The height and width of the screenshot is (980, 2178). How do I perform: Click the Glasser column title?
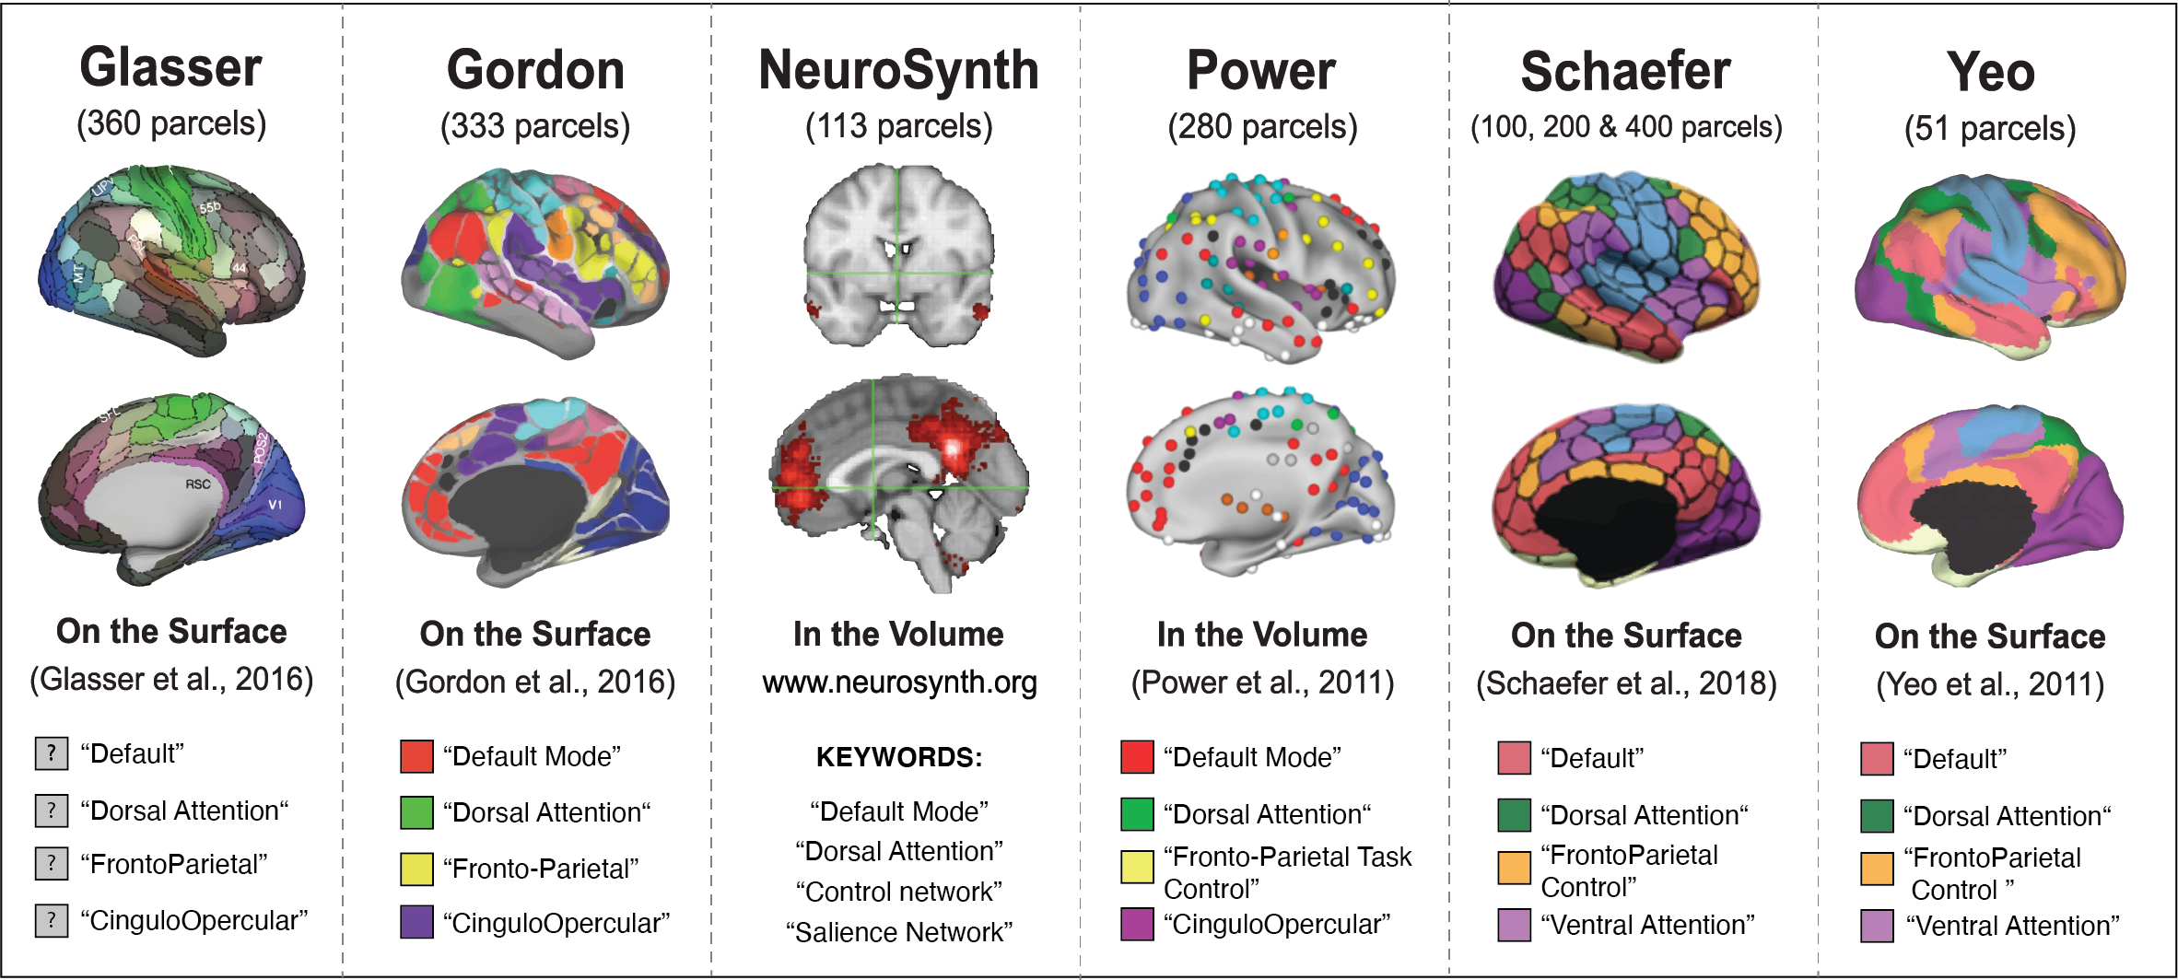[x=171, y=68]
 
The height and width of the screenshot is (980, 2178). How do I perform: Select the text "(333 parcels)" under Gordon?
[x=535, y=126]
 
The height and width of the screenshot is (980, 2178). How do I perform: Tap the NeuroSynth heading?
[x=898, y=71]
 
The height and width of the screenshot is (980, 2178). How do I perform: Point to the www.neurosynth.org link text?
[x=899, y=682]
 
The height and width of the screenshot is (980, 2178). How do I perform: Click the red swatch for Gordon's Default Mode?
[x=416, y=756]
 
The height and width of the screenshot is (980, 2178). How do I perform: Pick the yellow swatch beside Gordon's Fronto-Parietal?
[x=416, y=869]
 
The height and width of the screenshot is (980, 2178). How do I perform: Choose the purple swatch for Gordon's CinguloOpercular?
[x=416, y=922]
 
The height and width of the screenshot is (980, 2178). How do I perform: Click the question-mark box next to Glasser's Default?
[x=52, y=753]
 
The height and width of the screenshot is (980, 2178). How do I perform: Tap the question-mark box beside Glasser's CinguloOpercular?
[x=52, y=920]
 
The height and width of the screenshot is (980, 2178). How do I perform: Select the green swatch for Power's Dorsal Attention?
[x=1137, y=814]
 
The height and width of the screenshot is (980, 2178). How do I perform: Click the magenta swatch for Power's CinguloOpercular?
[x=1137, y=924]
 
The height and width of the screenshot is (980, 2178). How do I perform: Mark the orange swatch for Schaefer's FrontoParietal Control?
[x=1514, y=868]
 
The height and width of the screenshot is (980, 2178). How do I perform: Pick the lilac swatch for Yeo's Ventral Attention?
[x=1877, y=926]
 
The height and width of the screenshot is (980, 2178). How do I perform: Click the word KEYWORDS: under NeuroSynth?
[x=899, y=757]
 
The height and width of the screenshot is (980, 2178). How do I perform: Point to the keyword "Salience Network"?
[x=899, y=932]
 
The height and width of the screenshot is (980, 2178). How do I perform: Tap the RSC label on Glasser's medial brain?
[x=198, y=484]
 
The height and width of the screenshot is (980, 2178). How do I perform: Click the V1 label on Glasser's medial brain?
[x=275, y=505]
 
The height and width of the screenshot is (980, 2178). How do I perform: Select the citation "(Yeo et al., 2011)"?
[x=1990, y=684]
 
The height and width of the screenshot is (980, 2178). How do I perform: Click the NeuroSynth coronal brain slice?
[x=898, y=255]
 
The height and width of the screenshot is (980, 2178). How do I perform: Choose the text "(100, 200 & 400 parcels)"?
[x=1626, y=127]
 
